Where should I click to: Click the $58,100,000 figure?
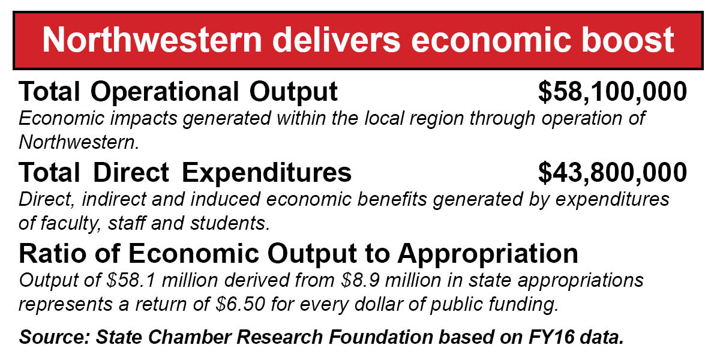pyautogui.click(x=613, y=92)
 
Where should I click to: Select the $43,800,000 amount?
pyautogui.click(x=613, y=173)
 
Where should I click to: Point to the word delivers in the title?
pyautogui.click(x=336, y=40)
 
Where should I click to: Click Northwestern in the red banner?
pyautogui.click(x=152, y=40)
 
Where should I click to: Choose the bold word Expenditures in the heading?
pyautogui.click(x=266, y=173)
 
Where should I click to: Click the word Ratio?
pyautogui.click(x=52, y=254)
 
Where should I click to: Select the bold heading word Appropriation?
pyautogui.click(x=488, y=254)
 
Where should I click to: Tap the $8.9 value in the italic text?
pyautogui.click(x=360, y=280)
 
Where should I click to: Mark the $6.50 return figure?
pyautogui.click(x=241, y=304)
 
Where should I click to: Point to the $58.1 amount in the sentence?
pyautogui.click(x=131, y=280)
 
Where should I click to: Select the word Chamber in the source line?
pyautogui.click(x=190, y=337)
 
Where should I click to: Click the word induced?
pyautogui.click(x=226, y=199)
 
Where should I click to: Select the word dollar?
pyautogui.click(x=379, y=304)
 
